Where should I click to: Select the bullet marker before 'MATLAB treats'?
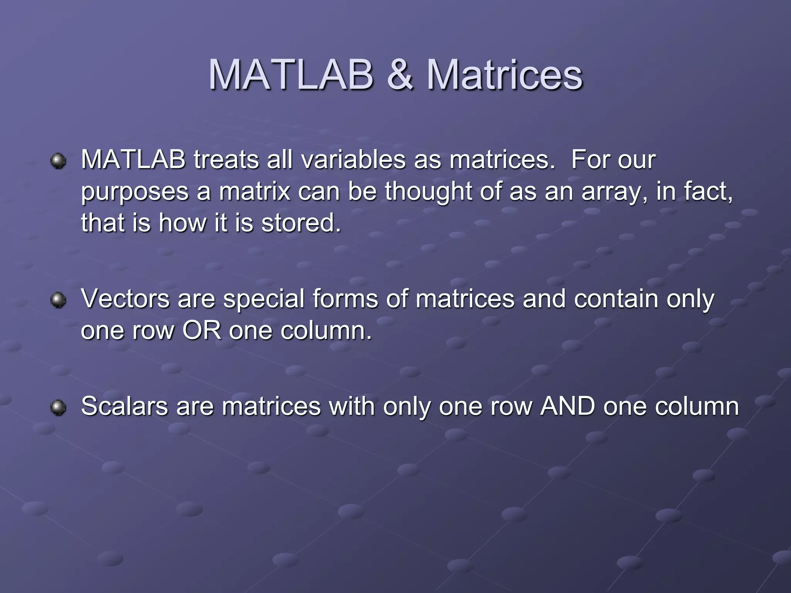click(58, 161)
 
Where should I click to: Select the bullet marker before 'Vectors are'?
click(58, 300)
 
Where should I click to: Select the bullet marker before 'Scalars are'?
click(58, 408)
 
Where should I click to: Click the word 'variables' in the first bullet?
click(353, 159)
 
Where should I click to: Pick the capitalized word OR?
click(202, 330)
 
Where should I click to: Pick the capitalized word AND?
click(567, 406)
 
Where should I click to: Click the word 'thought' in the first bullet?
click(428, 192)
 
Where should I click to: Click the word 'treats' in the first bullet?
click(226, 159)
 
